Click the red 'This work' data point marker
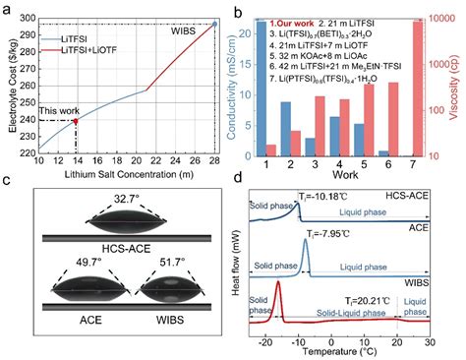click(x=77, y=121)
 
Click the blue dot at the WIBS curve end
click(x=214, y=23)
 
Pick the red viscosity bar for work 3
click(x=320, y=127)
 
